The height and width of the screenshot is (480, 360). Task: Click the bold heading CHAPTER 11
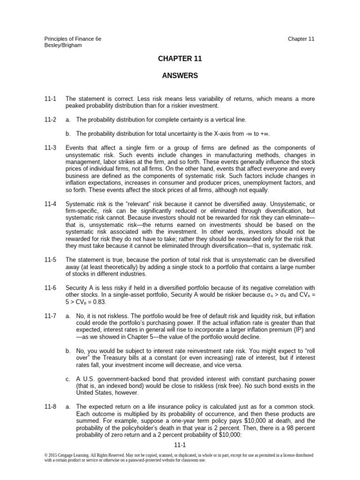[180, 59]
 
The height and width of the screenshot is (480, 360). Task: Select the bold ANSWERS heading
[180, 75]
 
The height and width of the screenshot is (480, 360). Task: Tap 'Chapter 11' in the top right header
[301, 39]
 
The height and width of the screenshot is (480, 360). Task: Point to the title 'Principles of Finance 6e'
[73, 39]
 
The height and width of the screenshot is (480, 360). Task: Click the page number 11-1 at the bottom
[180, 446]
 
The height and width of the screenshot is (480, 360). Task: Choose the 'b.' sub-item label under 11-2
[68, 134]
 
